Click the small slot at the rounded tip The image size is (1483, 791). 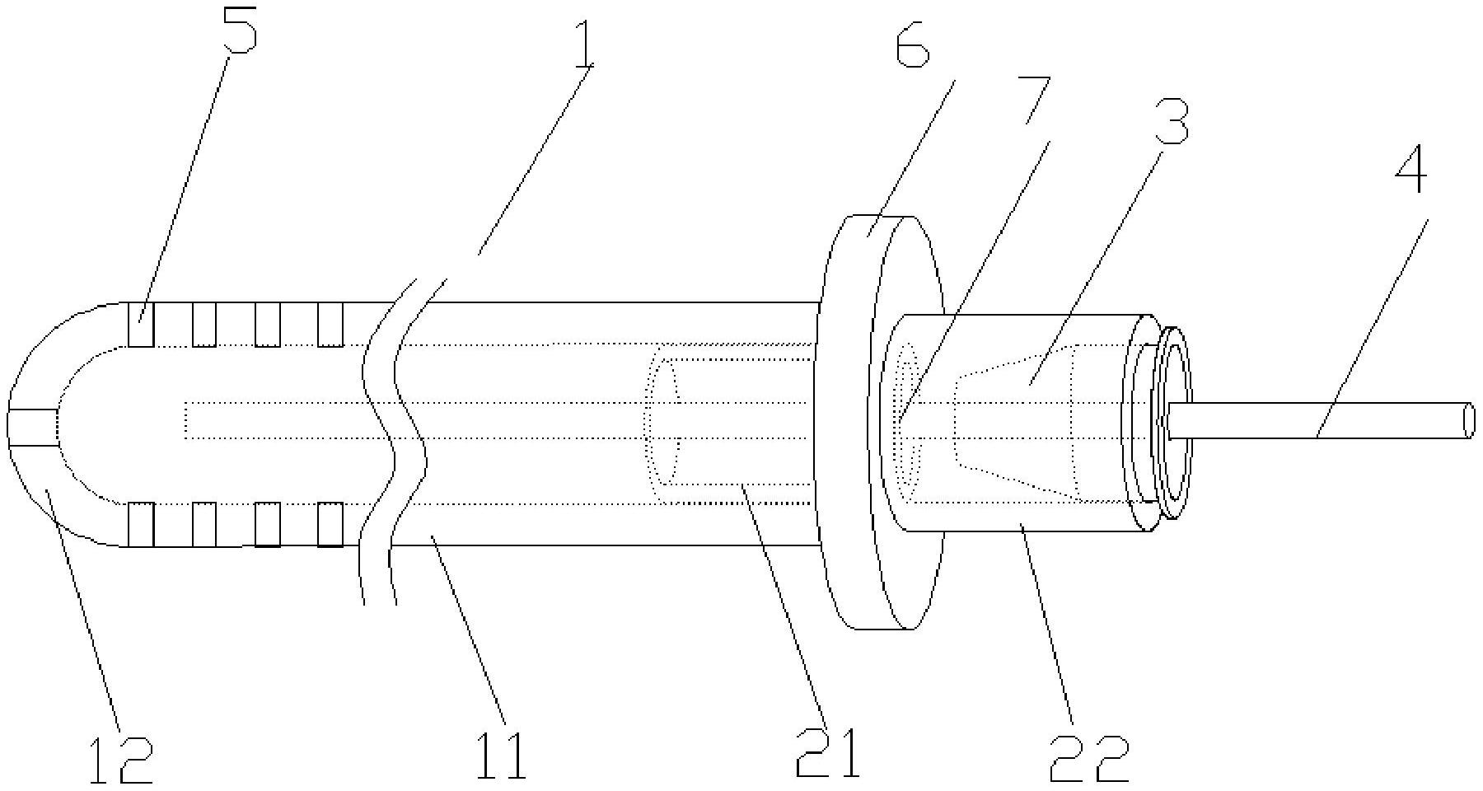(x=33, y=427)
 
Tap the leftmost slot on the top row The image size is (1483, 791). (x=141, y=325)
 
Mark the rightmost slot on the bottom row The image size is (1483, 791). (x=330, y=524)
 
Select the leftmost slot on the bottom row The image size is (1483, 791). (x=141, y=524)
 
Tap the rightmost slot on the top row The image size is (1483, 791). (x=330, y=325)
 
